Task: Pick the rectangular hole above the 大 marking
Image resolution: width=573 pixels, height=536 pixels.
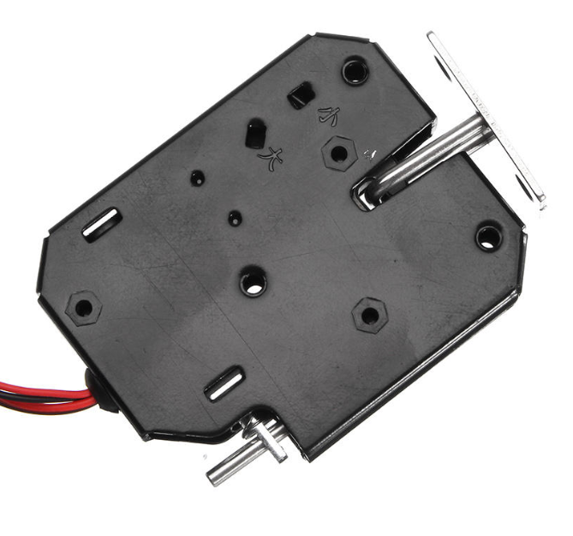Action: click(x=255, y=133)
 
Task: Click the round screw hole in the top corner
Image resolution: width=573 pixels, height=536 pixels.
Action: click(x=355, y=70)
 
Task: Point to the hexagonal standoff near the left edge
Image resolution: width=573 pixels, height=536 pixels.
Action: click(x=83, y=306)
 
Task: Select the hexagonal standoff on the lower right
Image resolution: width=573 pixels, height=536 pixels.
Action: click(x=369, y=315)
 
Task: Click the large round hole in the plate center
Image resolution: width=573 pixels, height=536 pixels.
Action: click(x=253, y=282)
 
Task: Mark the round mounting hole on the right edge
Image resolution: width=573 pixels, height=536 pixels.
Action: click(x=488, y=237)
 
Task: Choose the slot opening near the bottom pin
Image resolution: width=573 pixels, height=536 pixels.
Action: click(x=222, y=385)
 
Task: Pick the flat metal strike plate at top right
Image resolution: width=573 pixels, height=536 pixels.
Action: click(x=488, y=120)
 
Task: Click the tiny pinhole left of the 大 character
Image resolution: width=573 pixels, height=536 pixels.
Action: click(x=197, y=178)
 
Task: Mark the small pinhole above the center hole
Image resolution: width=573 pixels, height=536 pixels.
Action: click(x=233, y=217)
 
